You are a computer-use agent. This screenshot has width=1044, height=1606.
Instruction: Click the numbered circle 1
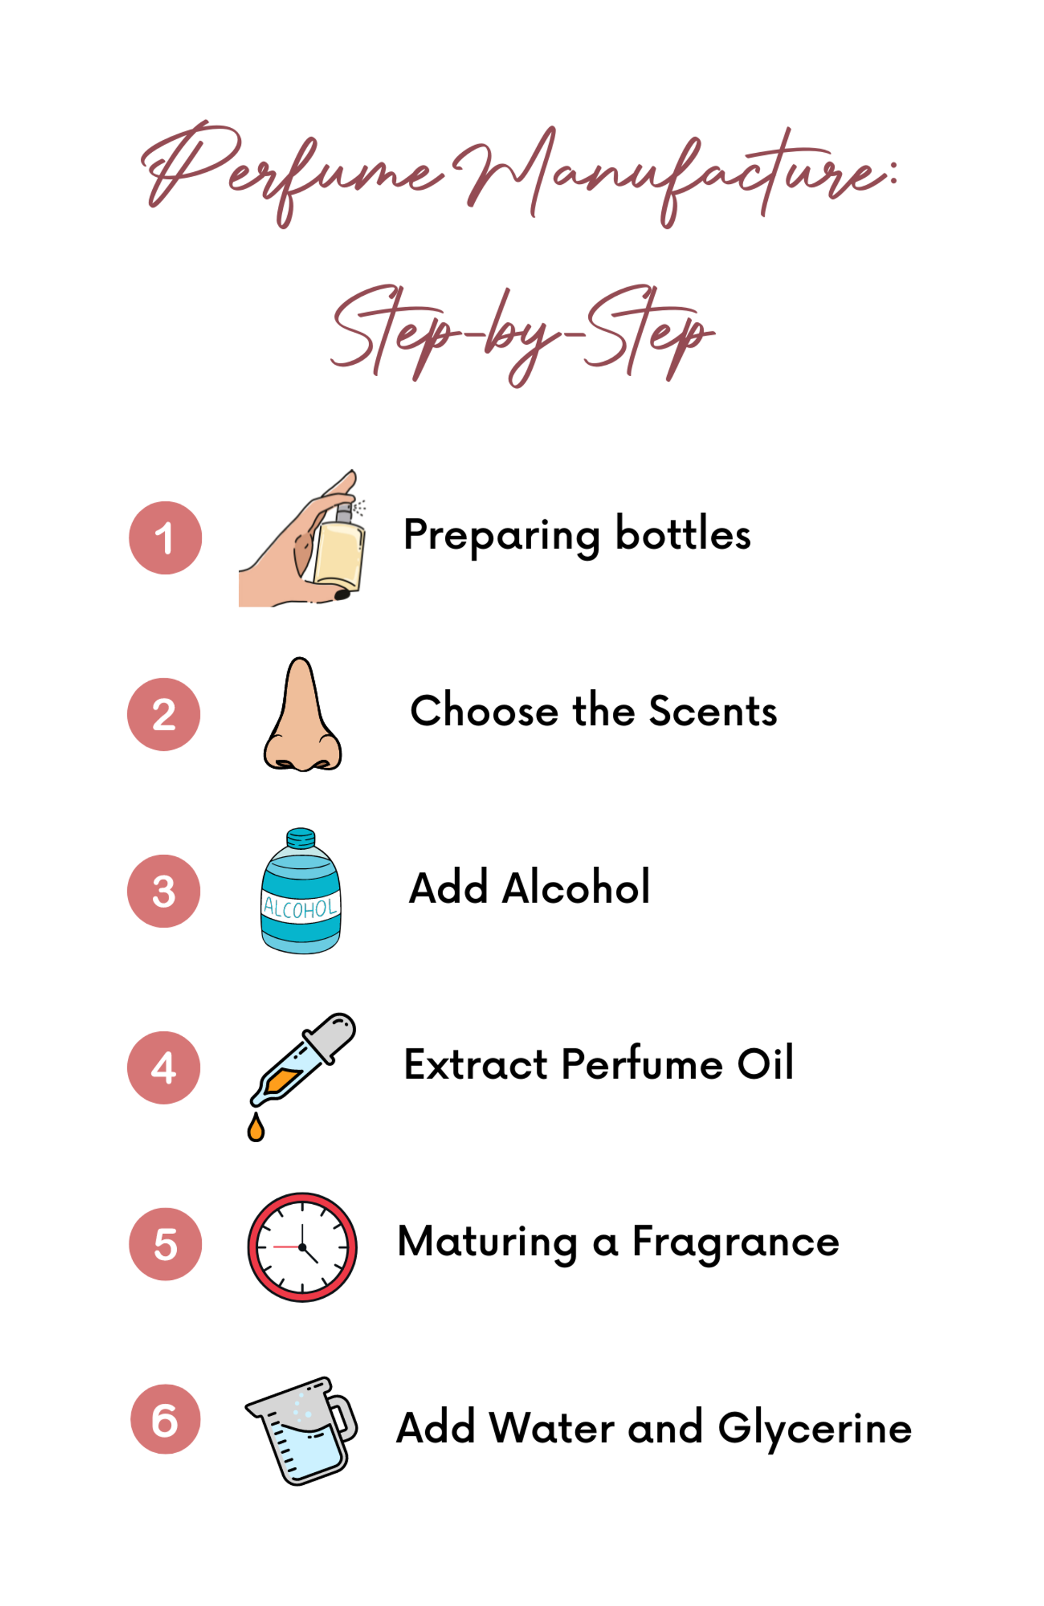click(x=165, y=538)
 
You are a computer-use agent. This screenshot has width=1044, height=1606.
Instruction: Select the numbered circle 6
click(x=165, y=1419)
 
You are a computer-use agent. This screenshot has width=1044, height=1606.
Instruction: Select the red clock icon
click(x=302, y=1247)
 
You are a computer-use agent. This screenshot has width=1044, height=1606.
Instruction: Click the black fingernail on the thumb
click(x=342, y=594)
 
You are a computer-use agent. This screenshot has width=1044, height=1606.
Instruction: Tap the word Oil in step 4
click(x=765, y=1064)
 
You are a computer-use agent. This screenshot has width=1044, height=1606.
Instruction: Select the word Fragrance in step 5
click(x=735, y=1242)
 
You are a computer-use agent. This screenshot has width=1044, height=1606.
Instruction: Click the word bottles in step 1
click(x=682, y=534)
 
